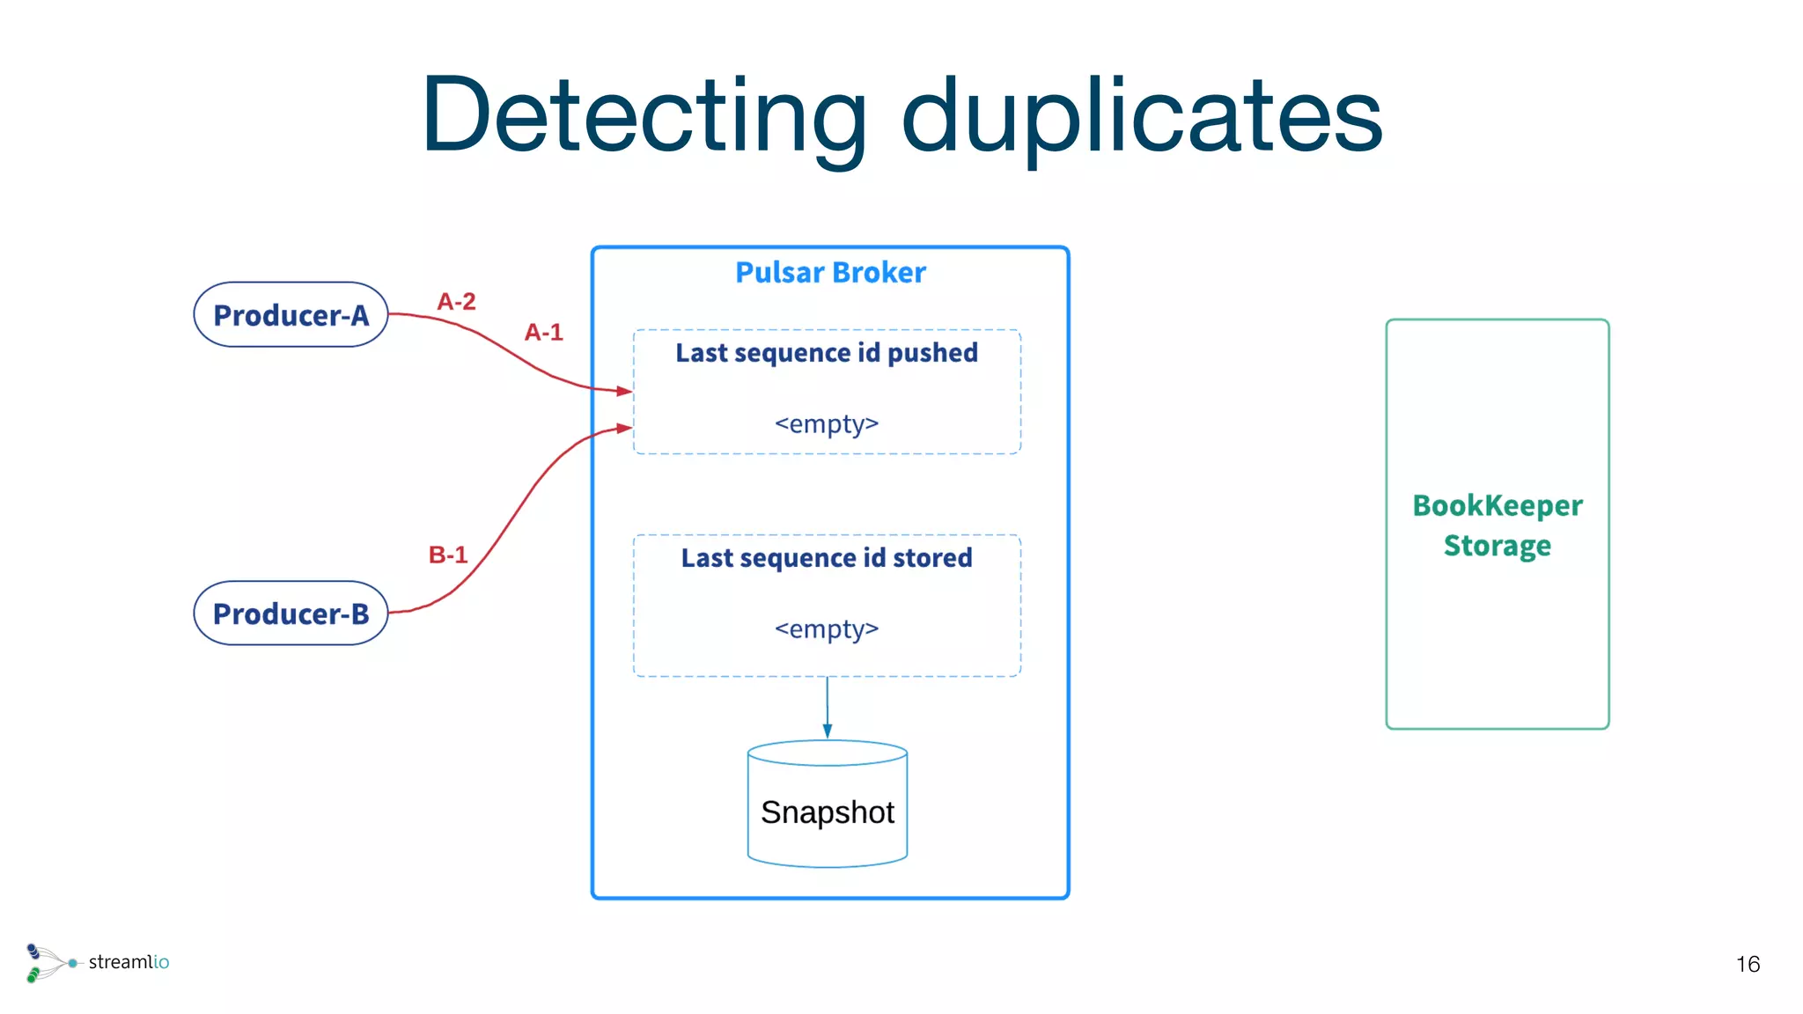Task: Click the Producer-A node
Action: point(291,314)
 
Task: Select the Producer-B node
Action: point(291,613)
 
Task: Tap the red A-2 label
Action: point(456,302)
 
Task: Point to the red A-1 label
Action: point(543,333)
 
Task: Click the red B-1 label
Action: point(447,555)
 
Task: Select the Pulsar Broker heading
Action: point(830,273)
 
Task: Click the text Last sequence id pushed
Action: point(827,353)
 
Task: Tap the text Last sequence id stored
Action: point(827,558)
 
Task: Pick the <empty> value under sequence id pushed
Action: point(827,424)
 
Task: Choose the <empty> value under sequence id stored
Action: point(827,629)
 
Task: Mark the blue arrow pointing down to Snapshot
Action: point(828,709)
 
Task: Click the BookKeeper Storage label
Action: point(1498,525)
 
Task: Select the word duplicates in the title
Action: point(1142,117)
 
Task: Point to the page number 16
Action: point(1748,965)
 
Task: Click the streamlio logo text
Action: point(129,962)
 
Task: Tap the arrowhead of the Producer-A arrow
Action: point(625,391)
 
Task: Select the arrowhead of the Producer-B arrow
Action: point(625,428)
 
